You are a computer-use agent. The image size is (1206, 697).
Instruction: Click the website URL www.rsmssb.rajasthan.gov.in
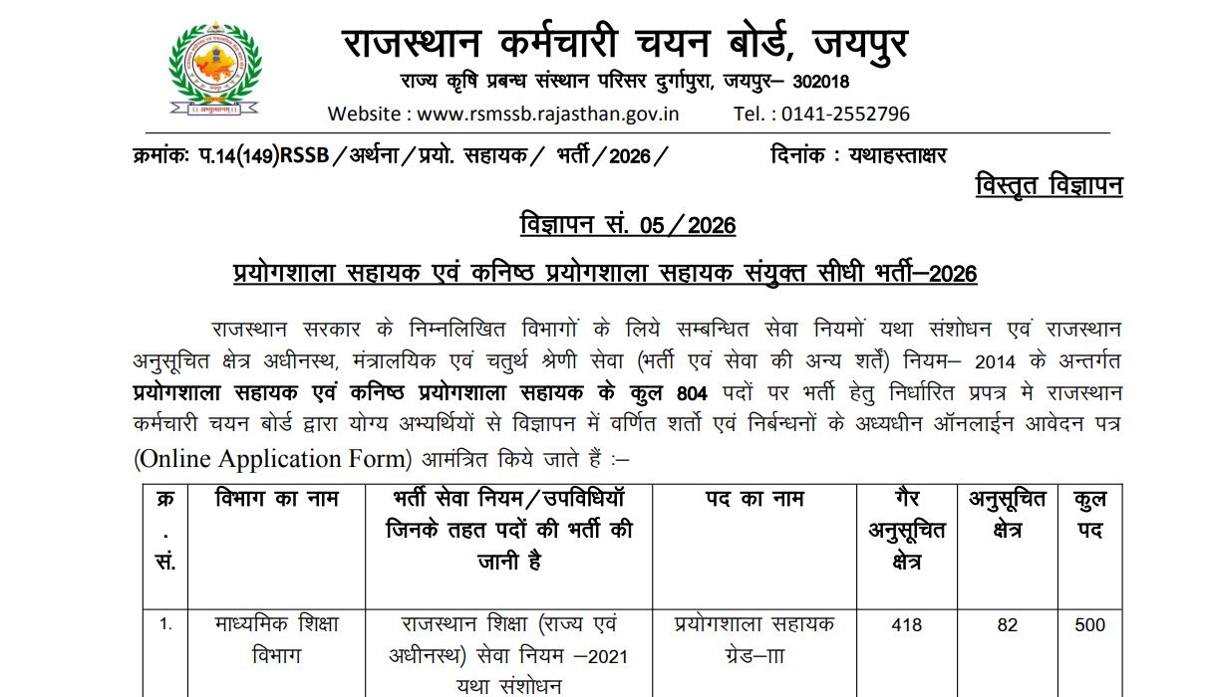click(x=547, y=114)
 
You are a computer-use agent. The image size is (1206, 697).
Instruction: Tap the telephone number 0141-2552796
click(x=845, y=114)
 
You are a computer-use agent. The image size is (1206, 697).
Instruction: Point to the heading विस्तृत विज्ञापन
click(x=1049, y=185)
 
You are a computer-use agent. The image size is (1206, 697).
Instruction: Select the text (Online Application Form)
click(x=272, y=459)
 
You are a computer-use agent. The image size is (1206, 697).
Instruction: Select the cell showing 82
click(x=1007, y=626)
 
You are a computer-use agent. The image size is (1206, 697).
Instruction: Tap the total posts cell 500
click(x=1090, y=626)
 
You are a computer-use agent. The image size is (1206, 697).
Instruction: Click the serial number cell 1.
click(x=165, y=626)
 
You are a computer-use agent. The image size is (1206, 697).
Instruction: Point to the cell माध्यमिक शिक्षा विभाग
click(x=277, y=640)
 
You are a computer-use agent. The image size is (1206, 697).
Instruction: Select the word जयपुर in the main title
click(x=861, y=43)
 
